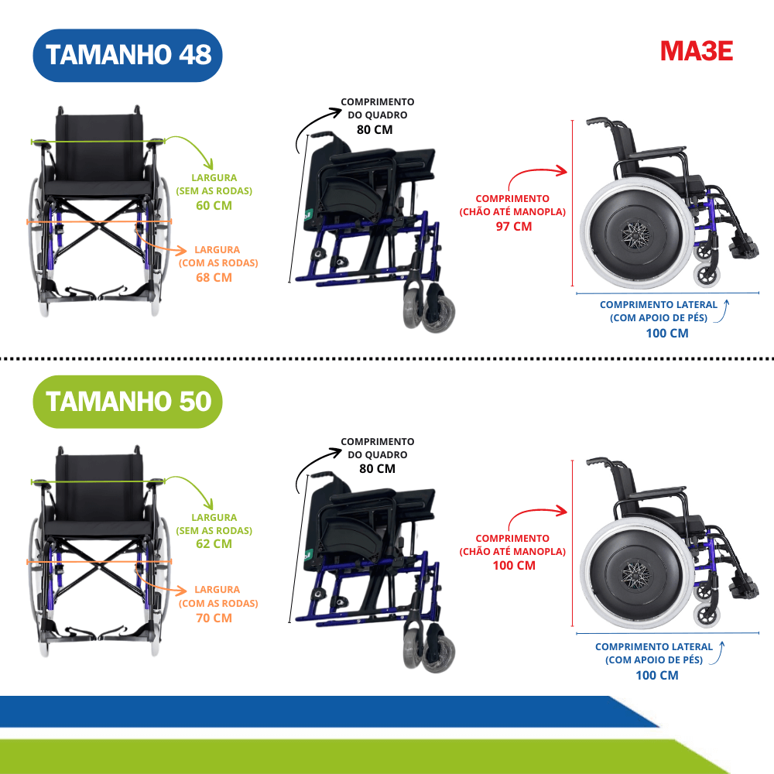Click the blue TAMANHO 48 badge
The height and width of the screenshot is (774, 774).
(x=128, y=55)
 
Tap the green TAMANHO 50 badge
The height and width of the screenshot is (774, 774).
(x=128, y=402)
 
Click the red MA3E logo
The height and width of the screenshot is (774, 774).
(x=697, y=51)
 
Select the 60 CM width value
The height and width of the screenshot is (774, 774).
(x=214, y=205)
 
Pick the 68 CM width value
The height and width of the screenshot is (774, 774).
(x=214, y=277)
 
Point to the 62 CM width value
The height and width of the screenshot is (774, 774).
(x=214, y=543)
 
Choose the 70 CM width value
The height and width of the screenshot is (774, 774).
(x=214, y=618)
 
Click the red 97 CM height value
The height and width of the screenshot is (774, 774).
(x=514, y=227)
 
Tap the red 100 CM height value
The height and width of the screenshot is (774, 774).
(x=514, y=566)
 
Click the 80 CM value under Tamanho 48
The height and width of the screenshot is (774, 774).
(x=375, y=130)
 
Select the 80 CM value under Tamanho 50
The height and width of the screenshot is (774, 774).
(x=377, y=468)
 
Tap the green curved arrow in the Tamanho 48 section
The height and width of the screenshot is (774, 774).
(x=195, y=146)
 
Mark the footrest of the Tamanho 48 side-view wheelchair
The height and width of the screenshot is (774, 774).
(x=743, y=247)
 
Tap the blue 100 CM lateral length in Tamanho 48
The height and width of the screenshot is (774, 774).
(x=667, y=333)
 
